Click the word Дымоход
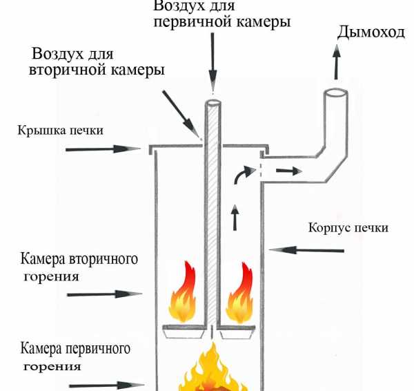[x=371, y=32]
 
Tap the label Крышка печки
[x=60, y=131]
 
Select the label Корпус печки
[x=348, y=227]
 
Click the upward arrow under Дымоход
[x=337, y=62]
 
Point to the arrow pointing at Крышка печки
[x=103, y=149]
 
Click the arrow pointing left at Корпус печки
[x=306, y=250]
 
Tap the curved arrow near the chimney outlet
[x=244, y=174]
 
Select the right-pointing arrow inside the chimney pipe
[x=289, y=171]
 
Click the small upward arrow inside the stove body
[x=235, y=218]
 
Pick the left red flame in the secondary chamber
[x=183, y=292]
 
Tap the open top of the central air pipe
[x=213, y=102]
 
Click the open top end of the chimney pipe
[x=335, y=93]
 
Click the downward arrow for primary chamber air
[x=213, y=62]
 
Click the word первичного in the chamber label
[x=98, y=348]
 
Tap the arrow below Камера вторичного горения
[x=105, y=294]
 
